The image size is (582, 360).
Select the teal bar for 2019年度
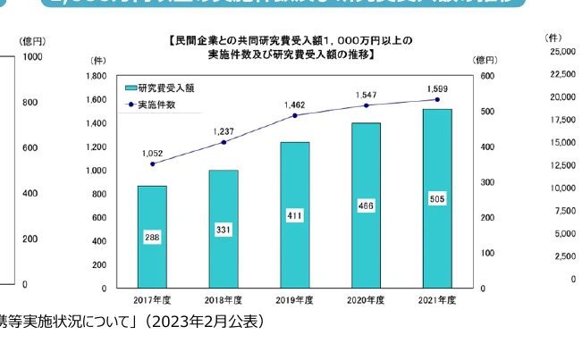pos(295,214)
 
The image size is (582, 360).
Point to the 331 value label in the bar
pos(224,230)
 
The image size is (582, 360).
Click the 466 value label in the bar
pos(366,206)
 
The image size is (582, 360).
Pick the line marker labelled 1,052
pos(153,164)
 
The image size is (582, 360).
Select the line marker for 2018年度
pos(224,142)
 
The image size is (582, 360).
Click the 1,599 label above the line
pos(438,88)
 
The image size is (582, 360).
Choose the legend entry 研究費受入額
pos(165,88)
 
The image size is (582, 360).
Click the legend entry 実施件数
pos(161,105)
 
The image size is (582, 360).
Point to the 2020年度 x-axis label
pos(366,300)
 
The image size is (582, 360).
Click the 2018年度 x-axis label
pos(224,300)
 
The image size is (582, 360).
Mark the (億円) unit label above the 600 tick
pos(488,60)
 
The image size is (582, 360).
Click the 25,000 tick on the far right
pos(561,53)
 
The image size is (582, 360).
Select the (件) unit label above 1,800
pos(97,60)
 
